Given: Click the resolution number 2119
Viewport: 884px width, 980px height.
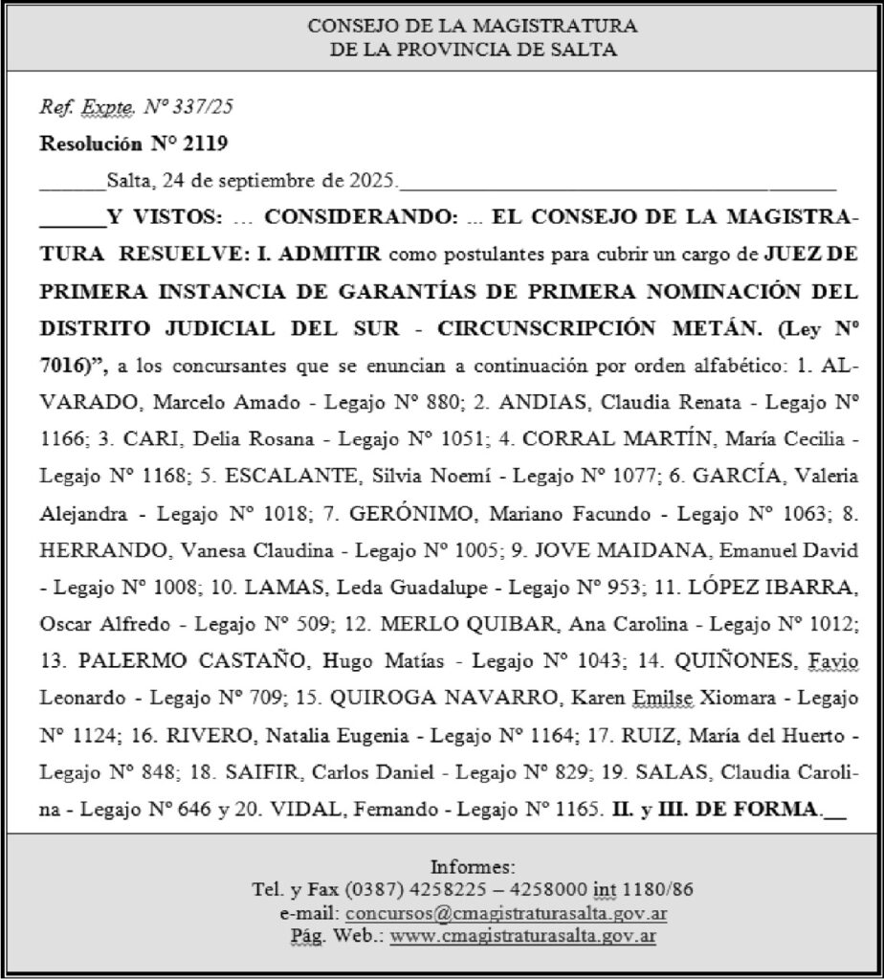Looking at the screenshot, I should coord(210,145).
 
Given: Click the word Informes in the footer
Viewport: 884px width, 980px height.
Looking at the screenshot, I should coord(473,867).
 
